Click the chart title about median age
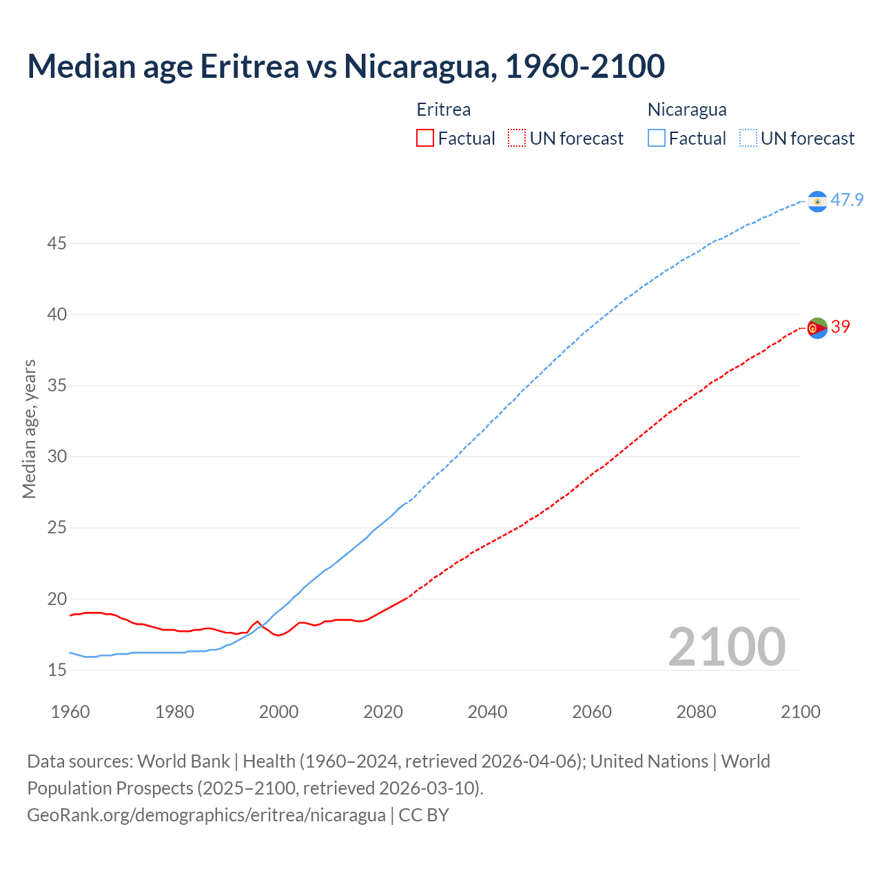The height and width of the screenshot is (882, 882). tap(346, 66)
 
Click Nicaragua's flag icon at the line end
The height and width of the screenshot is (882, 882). tap(817, 201)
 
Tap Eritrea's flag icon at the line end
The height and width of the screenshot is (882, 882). tap(817, 328)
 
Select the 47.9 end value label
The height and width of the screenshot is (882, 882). tap(847, 201)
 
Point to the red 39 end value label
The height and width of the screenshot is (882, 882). tap(841, 327)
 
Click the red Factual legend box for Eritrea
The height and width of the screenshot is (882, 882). tap(425, 139)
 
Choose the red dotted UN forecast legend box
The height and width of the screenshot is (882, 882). tap(517, 139)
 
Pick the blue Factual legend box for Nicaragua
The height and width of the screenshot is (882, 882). tap(657, 139)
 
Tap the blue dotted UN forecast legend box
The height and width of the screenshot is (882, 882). tap(748, 139)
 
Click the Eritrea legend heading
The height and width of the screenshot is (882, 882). tap(444, 110)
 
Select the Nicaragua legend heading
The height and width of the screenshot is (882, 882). tap(687, 110)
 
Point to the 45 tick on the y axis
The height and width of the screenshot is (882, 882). tap(57, 244)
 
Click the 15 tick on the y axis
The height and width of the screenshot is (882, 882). tap(57, 670)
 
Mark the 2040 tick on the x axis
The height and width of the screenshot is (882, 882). tap(487, 712)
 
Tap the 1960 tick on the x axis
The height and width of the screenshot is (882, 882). tap(70, 712)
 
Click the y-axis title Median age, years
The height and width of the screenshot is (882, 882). tap(29, 429)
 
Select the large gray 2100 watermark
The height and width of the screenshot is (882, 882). tap(727, 647)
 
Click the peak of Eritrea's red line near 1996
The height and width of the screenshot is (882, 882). tap(258, 622)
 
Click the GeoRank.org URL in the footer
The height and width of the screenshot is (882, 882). tap(206, 815)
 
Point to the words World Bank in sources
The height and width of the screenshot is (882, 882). tap(183, 761)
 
